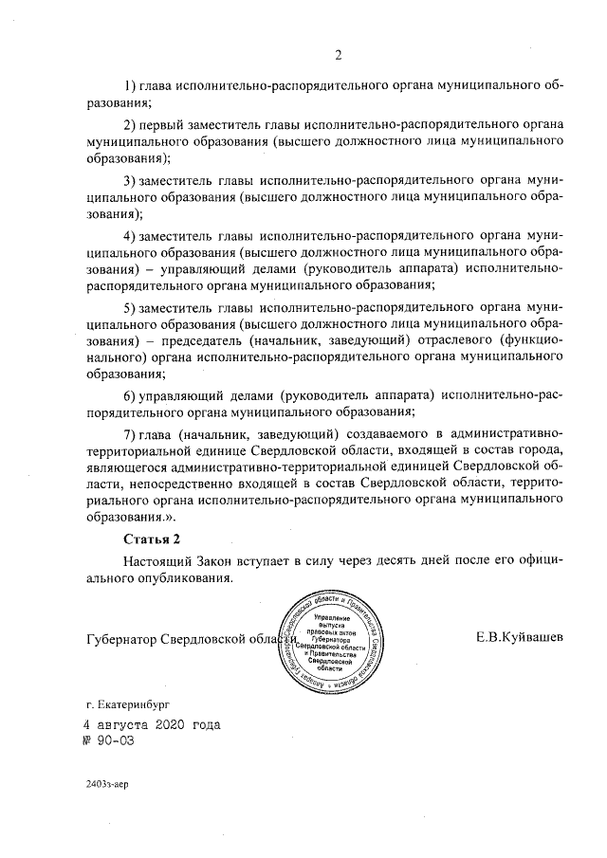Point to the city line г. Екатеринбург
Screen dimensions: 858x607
(130, 705)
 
